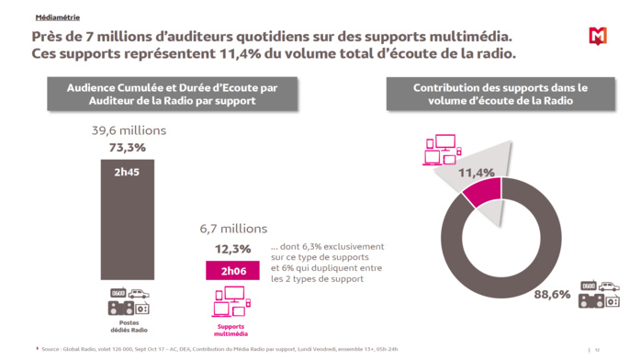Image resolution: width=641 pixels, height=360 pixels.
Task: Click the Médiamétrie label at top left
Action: tap(57, 17)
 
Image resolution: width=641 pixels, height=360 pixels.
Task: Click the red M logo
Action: tap(598, 36)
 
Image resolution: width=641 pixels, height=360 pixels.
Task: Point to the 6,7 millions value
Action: tap(232, 229)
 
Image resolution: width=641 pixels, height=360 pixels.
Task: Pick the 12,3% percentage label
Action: tap(232, 248)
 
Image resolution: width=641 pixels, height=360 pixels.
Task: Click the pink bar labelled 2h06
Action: tap(233, 270)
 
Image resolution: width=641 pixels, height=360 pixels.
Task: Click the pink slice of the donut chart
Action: tap(483, 190)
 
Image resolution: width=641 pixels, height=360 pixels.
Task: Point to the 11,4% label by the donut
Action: tap(477, 173)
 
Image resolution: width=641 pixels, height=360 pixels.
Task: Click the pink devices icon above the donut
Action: tap(440, 150)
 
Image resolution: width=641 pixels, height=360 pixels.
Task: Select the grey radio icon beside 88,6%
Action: tap(598, 294)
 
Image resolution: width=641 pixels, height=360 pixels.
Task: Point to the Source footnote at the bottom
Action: tap(220, 349)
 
